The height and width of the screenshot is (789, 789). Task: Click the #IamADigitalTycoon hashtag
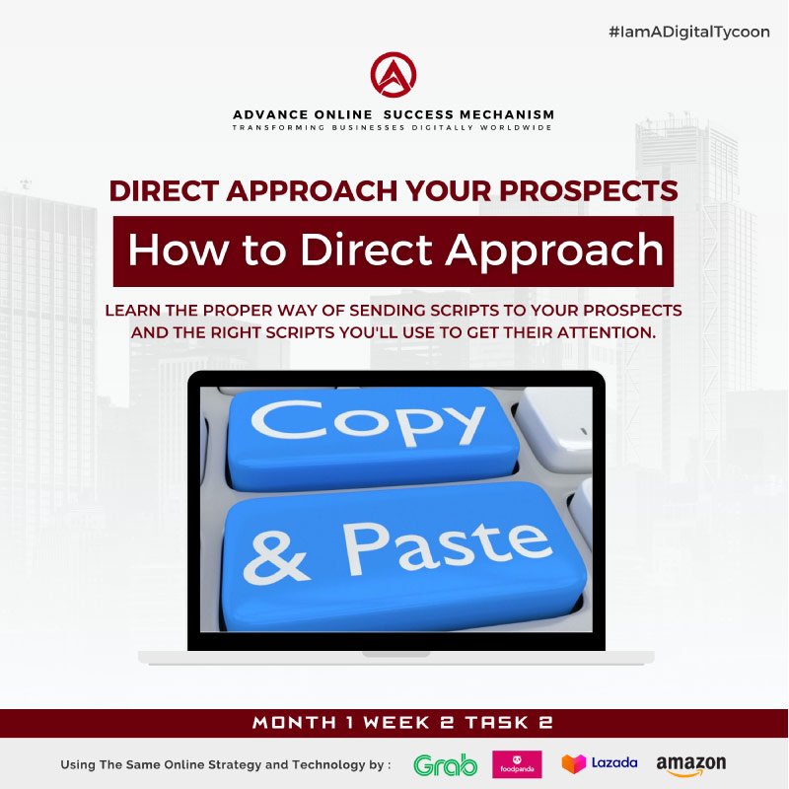(688, 33)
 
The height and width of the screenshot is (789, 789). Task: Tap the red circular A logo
(394, 75)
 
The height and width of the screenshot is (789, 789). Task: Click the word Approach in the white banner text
(554, 251)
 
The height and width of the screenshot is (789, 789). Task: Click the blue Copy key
(373, 439)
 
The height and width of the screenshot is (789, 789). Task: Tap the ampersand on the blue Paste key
(275, 558)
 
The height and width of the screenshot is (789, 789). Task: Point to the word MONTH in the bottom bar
(294, 723)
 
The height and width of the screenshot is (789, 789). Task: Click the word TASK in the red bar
(497, 723)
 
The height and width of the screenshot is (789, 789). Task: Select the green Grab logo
(446, 765)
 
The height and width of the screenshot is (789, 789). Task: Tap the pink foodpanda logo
(517, 764)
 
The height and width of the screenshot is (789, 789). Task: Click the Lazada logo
(600, 763)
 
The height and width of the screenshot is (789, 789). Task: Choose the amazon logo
(691, 765)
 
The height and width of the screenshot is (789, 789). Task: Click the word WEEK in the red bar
(396, 723)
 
